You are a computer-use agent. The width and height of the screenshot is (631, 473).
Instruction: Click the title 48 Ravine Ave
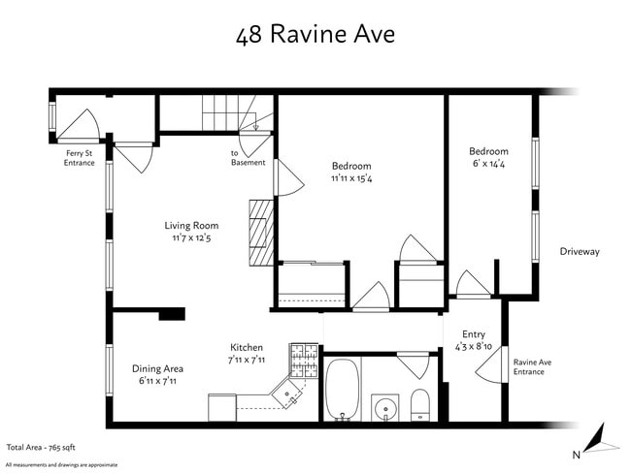[x=315, y=36]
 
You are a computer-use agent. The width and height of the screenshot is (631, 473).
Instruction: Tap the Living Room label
[x=191, y=226]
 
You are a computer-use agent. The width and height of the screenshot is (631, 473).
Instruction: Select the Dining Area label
[x=157, y=368]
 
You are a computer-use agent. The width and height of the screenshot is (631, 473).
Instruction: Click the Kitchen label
[x=246, y=347]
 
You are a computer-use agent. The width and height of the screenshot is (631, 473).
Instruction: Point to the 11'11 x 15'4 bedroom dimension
[x=351, y=178]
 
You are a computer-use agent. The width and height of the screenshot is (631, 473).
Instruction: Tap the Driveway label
[x=580, y=252]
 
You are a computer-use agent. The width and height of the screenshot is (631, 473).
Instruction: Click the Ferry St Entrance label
[x=80, y=157]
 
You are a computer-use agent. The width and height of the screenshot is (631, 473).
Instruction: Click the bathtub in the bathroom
[x=343, y=390]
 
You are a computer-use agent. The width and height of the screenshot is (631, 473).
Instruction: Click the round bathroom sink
[x=385, y=407]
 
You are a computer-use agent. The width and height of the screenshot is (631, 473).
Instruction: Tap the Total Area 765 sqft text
[x=42, y=448]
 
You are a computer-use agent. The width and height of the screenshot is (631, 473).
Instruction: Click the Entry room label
[x=473, y=334]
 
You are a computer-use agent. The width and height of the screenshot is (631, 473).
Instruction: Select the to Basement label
[x=248, y=157]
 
